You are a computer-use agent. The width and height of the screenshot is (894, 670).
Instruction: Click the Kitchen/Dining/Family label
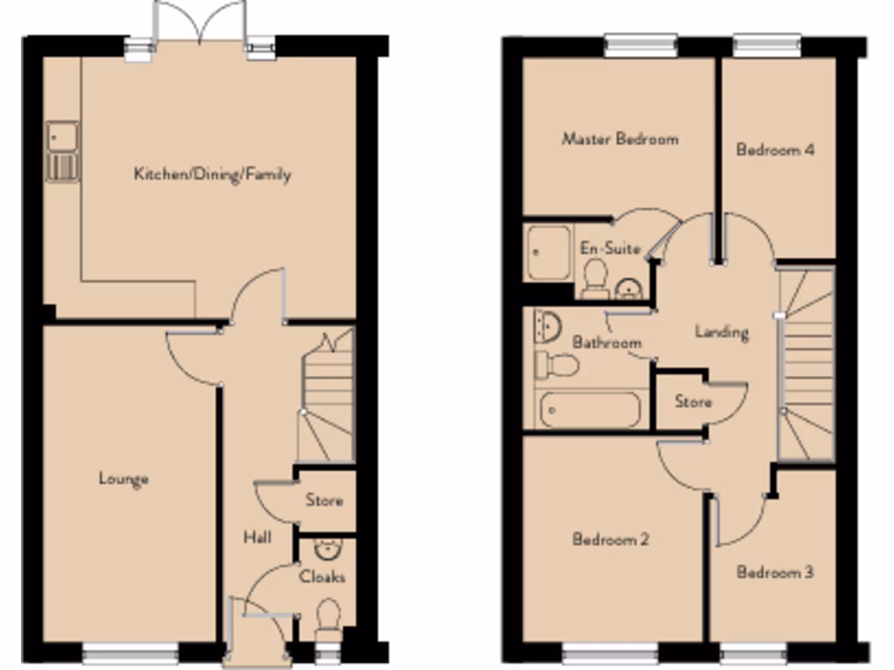(x=212, y=174)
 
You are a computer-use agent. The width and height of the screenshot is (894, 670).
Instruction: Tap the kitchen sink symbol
(x=62, y=152)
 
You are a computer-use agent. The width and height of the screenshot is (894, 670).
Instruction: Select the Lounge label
(x=123, y=478)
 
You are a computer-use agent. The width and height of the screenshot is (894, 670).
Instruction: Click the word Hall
(x=257, y=537)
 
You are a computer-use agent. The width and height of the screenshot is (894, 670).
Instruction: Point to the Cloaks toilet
(x=328, y=618)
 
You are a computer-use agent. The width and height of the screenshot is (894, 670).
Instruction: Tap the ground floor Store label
(x=324, y=501)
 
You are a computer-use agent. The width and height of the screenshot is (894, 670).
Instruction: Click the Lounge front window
(x=130, y=651)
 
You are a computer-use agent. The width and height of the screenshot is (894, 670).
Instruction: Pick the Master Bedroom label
(x=620, y=139)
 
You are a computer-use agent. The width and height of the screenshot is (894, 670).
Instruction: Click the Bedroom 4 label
(x=775, y=149)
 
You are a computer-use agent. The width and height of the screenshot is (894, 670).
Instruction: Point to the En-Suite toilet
(x=596, y=277)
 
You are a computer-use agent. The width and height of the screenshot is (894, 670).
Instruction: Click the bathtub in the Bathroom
(x=589, y=410)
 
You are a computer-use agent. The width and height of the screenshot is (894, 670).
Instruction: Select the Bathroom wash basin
(x=547, y=326)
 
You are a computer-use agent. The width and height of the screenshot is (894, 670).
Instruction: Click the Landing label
(x=721, y=332)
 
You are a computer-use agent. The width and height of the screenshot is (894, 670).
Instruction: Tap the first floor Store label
(x=693, y=402)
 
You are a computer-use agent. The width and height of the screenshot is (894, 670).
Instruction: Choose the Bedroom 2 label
(x=610, y=539)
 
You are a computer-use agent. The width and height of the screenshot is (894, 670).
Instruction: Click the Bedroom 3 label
(x=775, y=572)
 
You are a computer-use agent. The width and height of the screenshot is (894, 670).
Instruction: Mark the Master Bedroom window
(x=641, y=44)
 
